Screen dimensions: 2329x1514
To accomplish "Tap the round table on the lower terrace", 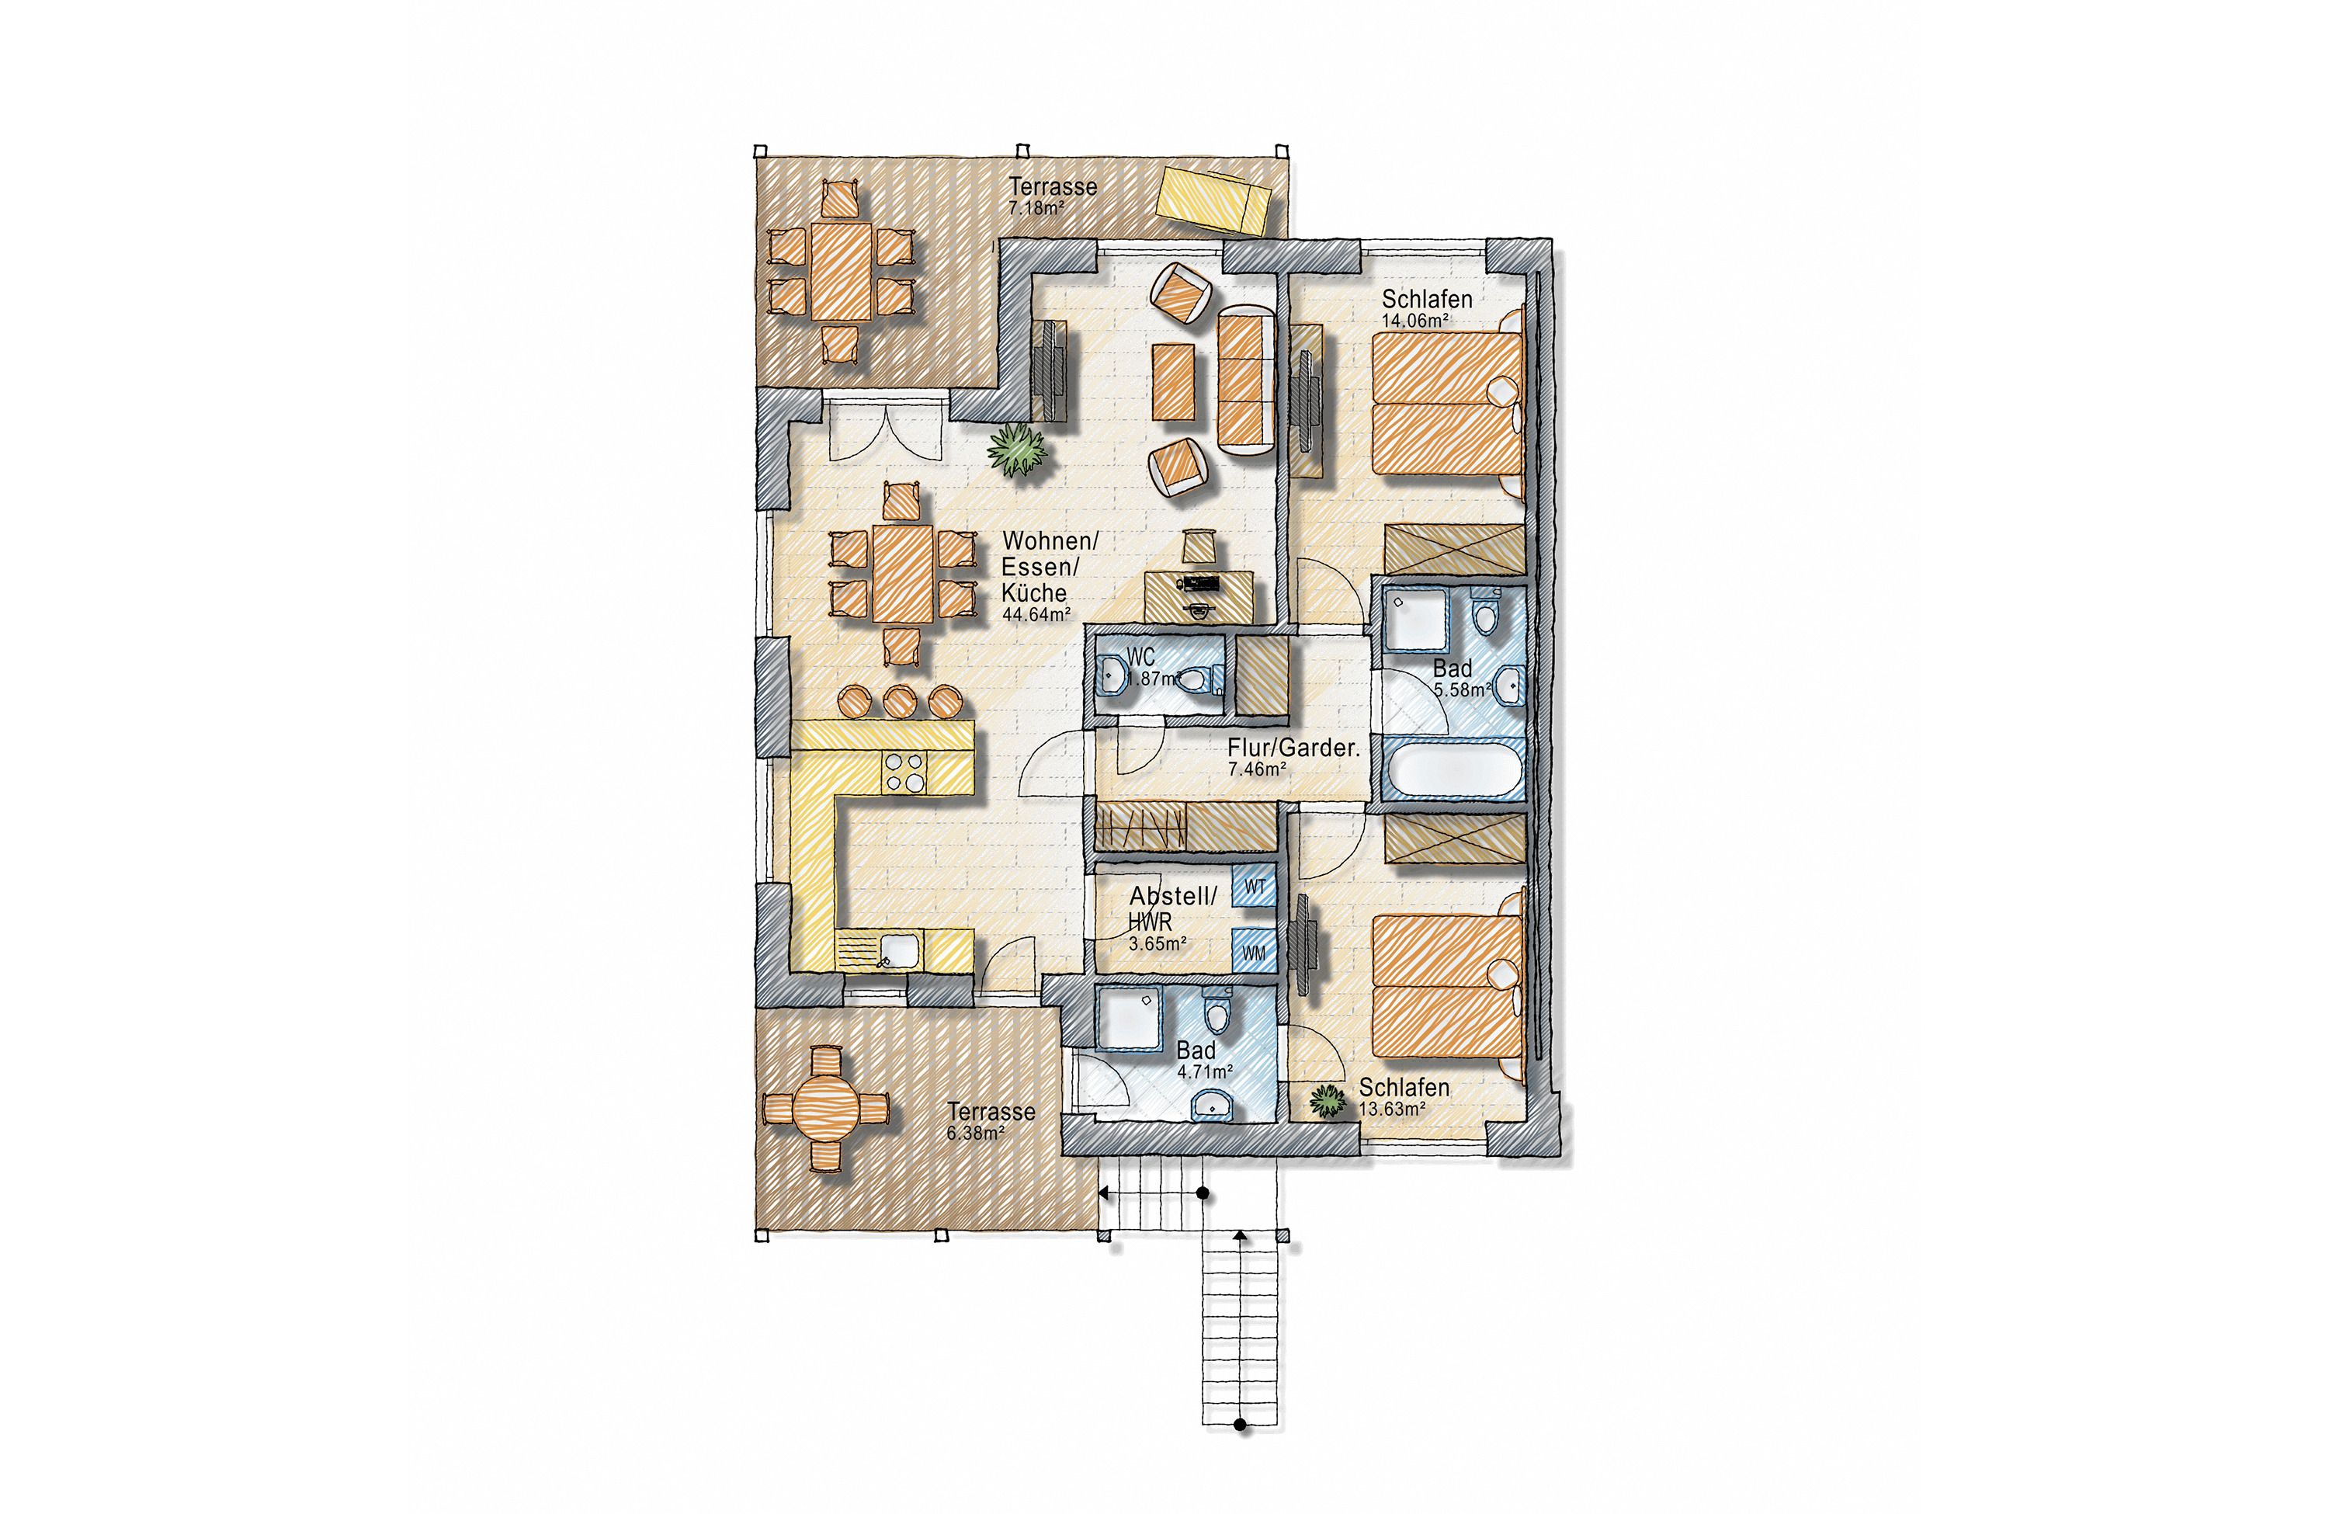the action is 827,1108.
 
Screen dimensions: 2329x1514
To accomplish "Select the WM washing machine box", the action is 1254,950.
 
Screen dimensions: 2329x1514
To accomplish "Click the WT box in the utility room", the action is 1254,887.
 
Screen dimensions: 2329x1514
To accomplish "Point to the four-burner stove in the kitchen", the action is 219,770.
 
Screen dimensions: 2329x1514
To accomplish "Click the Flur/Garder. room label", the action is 1293,748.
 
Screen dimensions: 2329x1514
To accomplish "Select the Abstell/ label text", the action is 1173,895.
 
